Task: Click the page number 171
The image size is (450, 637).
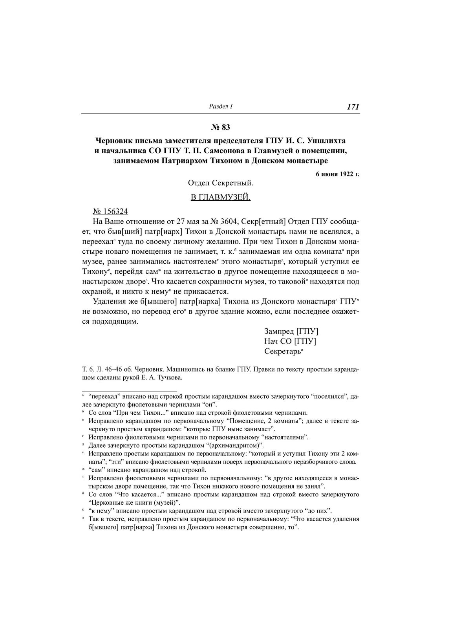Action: click(353, 107)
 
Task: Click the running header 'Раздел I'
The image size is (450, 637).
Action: click(221, 106)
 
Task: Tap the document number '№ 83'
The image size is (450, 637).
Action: click(221, 127)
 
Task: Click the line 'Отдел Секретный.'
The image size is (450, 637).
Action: click(221, 183)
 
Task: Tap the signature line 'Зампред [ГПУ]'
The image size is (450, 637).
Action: click(291, 331)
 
